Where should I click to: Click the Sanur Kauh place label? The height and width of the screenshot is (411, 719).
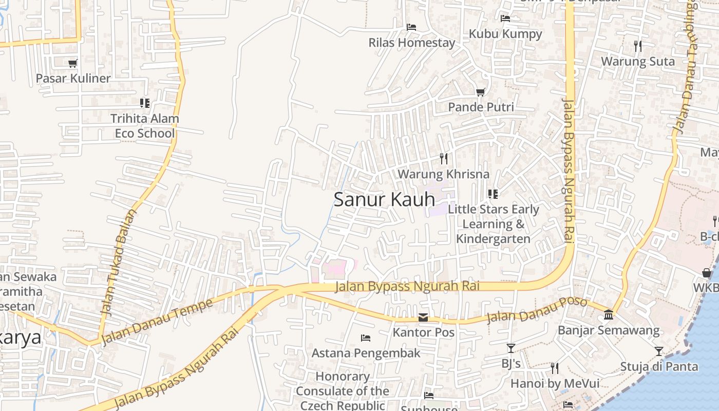tap(384, 199)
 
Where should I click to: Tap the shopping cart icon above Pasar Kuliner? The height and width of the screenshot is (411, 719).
tap(73, 63)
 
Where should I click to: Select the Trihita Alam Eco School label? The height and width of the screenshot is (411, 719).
tap(145, 126)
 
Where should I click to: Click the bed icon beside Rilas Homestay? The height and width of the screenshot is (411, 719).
tap(411, 27)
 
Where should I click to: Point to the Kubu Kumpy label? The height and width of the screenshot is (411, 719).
tap(505, 34)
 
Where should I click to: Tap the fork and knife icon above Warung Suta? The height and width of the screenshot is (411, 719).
tap(637, 46)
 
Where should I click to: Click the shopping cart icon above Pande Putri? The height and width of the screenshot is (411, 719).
tap(480, 92)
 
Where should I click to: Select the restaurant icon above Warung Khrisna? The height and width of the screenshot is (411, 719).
tap(444, 158)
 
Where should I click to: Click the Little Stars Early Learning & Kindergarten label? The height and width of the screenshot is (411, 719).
tap(493, 224)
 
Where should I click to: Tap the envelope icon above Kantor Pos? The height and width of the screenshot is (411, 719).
tap(423, 317)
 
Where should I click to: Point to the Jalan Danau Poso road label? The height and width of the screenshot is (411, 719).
tap(537, 310)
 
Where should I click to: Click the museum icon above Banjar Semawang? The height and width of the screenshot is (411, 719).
tap(609, 314)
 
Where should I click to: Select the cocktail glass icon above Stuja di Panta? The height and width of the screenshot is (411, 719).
tap(658, 351)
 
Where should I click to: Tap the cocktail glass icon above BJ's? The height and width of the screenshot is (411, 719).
tap(510, 348)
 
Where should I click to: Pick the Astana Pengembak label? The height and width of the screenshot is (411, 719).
tap(366, 353)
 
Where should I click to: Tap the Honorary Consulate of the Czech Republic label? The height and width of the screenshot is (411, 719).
tap(343, 391)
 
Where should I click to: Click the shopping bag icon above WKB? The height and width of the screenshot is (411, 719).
tap(707, 272)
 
